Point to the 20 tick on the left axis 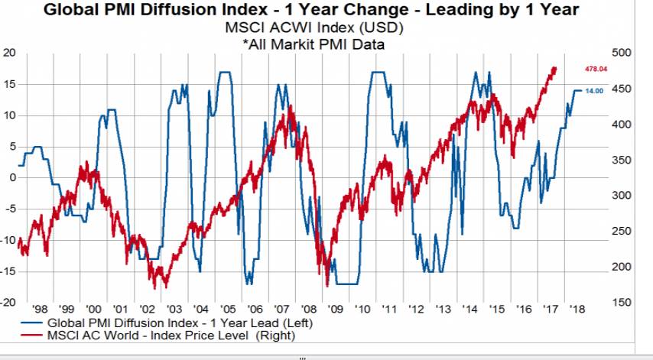pos(9,53)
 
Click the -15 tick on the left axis pos(9,271)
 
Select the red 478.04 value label pos(595,69)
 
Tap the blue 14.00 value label pos(594,91)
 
